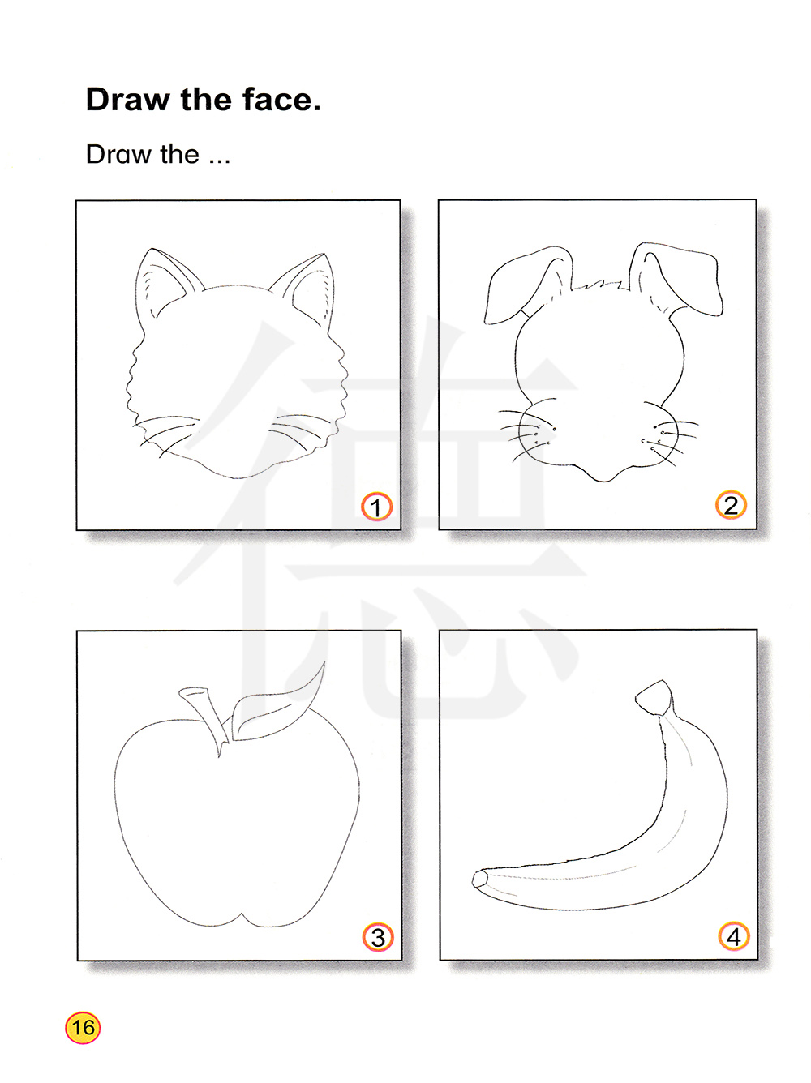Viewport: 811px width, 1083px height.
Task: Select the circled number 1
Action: [376, 506]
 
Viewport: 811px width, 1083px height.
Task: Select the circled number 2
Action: [731, 505]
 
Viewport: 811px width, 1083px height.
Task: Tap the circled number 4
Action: [734, 935]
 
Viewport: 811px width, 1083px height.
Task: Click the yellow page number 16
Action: [83, 1028]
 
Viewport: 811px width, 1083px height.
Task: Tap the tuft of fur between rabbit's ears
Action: [600, 285]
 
